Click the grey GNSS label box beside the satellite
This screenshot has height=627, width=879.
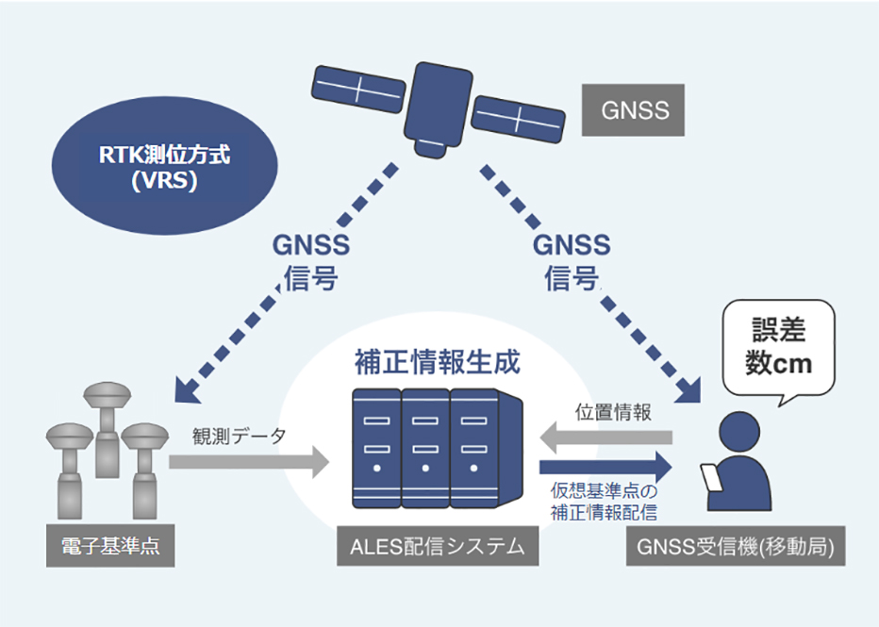(x=635, y=109)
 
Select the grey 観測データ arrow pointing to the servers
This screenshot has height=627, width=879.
(x=247, y=462)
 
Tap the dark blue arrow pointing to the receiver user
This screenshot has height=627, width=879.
(x=605, y=466)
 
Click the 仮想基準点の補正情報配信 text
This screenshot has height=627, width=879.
(x=604, y=502)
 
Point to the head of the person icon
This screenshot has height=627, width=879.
(x=739, y=435)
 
